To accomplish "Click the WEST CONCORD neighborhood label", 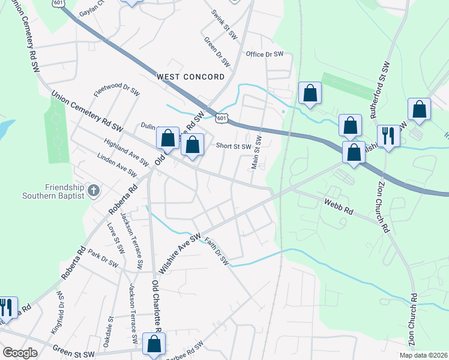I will point(190,77).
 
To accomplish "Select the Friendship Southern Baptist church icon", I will point(93,191).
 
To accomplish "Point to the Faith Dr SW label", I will point(217,251).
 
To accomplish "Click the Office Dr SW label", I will point(264,54).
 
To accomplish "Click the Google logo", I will point(20,353).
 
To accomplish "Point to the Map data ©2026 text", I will point(423,355).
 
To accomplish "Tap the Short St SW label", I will point(233,145).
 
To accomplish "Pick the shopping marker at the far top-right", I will point(419,109).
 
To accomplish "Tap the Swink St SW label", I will point(224,24).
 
